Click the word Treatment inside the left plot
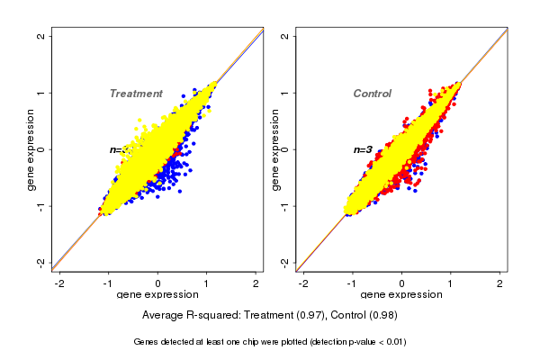136,94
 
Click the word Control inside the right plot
372,94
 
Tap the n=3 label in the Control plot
363,149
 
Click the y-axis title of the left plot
31,150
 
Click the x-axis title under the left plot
158,295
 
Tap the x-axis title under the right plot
402,295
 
